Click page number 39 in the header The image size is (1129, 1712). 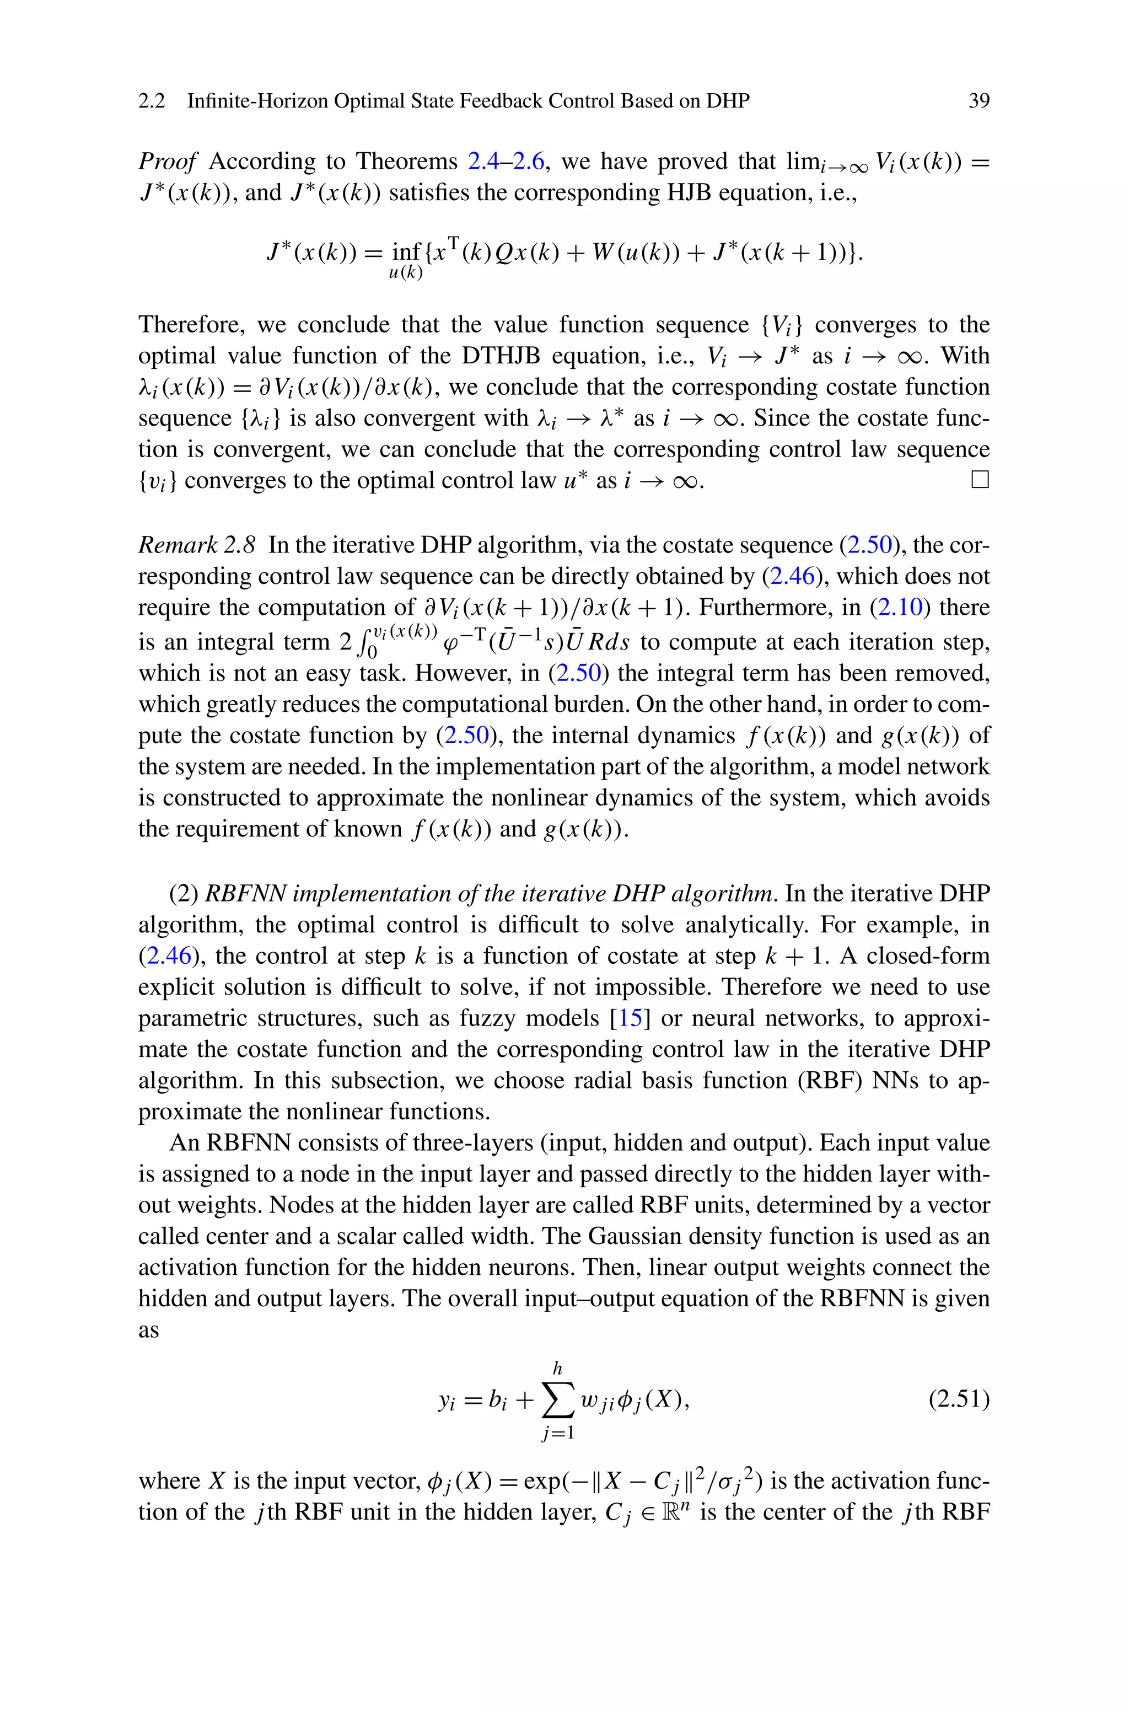979,101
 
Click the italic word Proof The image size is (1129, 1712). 167,161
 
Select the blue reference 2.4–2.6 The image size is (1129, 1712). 506,161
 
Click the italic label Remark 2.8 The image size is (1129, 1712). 197,545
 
